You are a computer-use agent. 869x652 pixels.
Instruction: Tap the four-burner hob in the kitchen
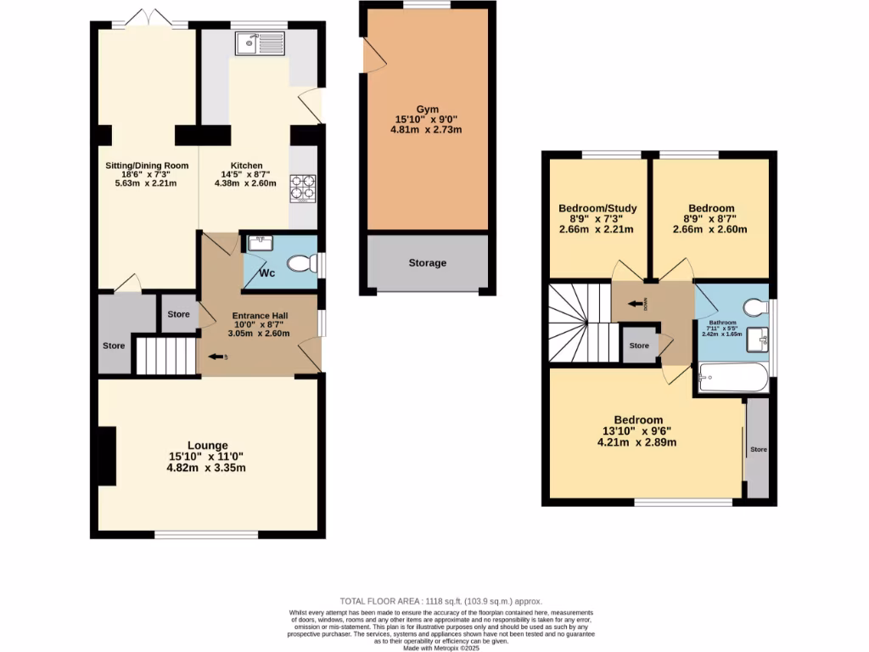303,188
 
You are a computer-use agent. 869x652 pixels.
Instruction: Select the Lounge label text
208,445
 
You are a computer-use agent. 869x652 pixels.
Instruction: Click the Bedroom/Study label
597,208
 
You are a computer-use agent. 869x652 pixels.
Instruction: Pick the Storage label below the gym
427,263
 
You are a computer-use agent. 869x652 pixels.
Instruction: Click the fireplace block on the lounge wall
107,457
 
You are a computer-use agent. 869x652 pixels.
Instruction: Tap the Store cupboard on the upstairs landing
639,346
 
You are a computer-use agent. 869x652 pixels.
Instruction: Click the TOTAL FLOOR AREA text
440,601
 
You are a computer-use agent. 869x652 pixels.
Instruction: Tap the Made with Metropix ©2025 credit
440,648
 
